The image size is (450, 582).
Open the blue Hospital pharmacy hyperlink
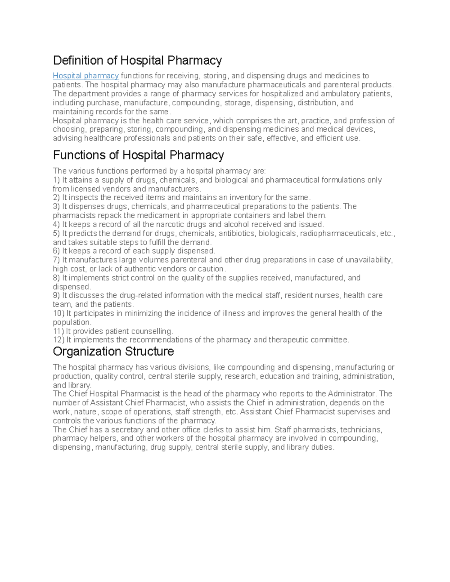coord(85,76)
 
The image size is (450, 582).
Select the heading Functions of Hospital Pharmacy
coord(138,155)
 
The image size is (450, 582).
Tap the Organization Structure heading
coord(113,352)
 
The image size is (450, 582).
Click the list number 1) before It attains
coord(56,180)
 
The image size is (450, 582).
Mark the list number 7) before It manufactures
coord(56,260)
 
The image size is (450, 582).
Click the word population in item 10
coord(71,322)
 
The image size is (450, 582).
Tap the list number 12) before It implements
coord(58,340)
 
